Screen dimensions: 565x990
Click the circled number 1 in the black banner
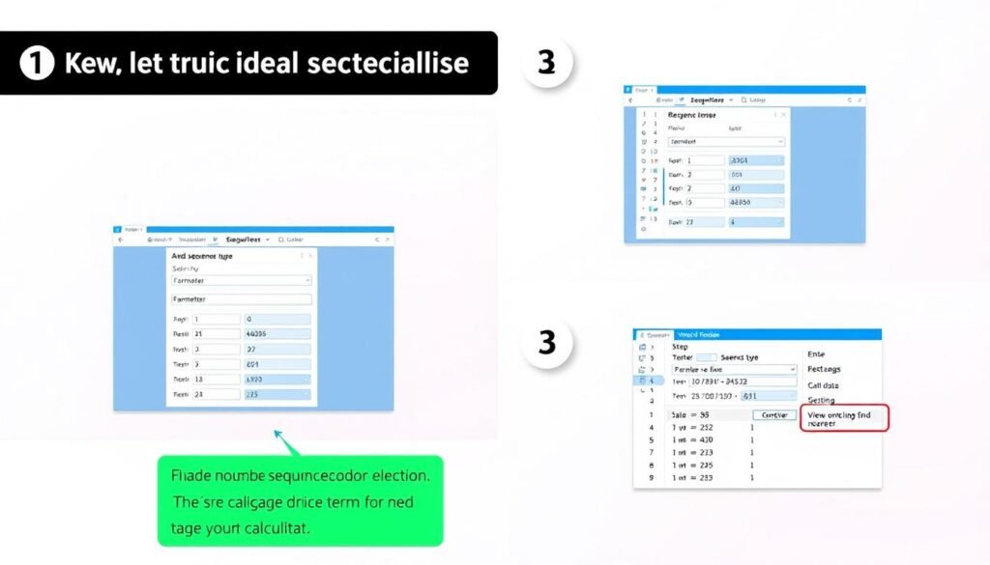(x=36, y=64)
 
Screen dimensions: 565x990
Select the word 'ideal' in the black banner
(x=257, y=64)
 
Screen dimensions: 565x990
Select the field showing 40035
(x=277, y=334)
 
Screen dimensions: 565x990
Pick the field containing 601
(x=277, y=364)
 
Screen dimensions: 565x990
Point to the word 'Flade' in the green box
(x=192, y=476)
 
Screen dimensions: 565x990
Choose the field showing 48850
(x=756, y=203)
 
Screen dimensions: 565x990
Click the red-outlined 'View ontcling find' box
(x=844, y=418)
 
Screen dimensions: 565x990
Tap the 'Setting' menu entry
(x=821, y=400)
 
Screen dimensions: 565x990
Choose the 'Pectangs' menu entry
(x=824, y=369)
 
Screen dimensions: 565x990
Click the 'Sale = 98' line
(x=689, y=413)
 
